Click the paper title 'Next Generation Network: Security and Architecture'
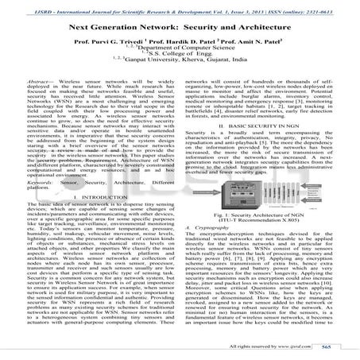180,26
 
